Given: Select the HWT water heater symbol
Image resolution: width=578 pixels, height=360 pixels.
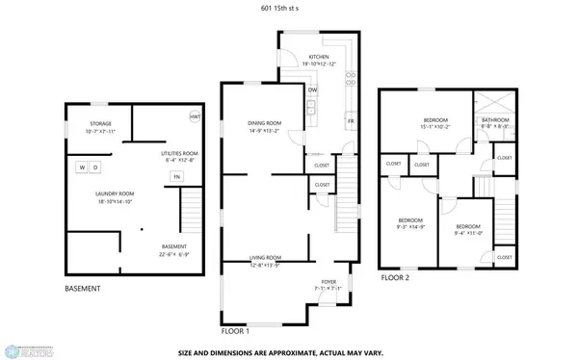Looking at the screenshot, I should pyautogui.click(x=195, y=117).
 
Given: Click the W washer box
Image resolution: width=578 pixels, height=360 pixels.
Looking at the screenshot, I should pyautogui.click(x=83, y=167).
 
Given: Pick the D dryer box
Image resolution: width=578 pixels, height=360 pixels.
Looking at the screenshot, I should pyautogui.click(x=96, y=167).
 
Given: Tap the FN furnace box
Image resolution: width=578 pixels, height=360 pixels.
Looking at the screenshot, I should pyautogui.click(x=176, y=177).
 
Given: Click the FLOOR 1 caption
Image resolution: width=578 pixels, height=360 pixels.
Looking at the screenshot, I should pyautogui.click(x=236, y=330).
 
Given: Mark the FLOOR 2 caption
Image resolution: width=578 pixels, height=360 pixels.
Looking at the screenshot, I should pyautogui.click(x=395, y=277).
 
